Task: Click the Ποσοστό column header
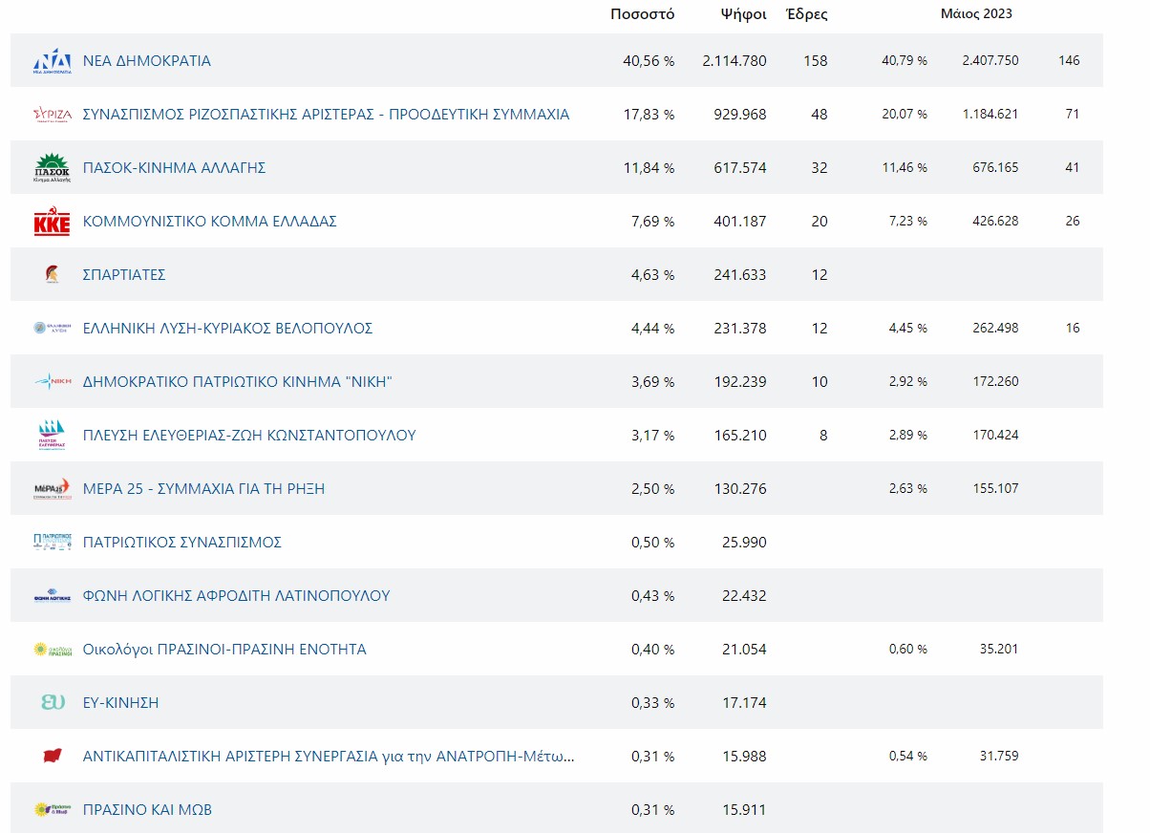tap(642, 14)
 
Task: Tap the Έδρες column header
tap(806, 14)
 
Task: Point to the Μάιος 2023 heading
tap(976, 14)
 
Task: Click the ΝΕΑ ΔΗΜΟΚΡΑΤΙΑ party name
tap(147, 61)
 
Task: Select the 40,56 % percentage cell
tap(649, 61)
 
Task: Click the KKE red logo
tap(52, 222)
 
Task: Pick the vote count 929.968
tap(739, 115)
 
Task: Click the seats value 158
tap(816, 61)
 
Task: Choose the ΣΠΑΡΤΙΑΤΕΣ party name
tap(124, 275)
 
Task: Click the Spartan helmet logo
tap(52, 275)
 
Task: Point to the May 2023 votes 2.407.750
tap(990, 61)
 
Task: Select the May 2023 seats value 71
tap(1072, 115)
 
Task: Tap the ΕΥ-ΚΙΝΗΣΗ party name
tap(120, 703)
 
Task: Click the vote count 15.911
tap(745, 810)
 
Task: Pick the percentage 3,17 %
tap(652, 436)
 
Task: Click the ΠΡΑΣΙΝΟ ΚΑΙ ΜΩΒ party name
tap(147, 810)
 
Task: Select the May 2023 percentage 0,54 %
tap(907, 757)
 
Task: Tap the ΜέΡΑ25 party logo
tap(52, 488)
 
